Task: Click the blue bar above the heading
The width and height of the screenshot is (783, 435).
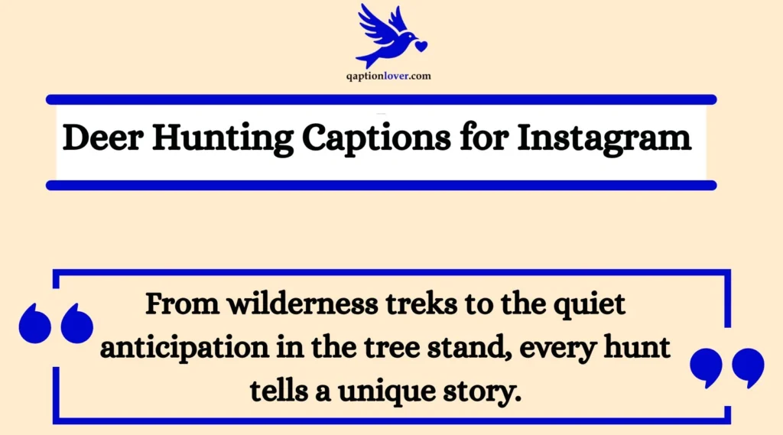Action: [x=381, y=99]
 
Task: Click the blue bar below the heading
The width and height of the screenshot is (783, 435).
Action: [x=381, y=185]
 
